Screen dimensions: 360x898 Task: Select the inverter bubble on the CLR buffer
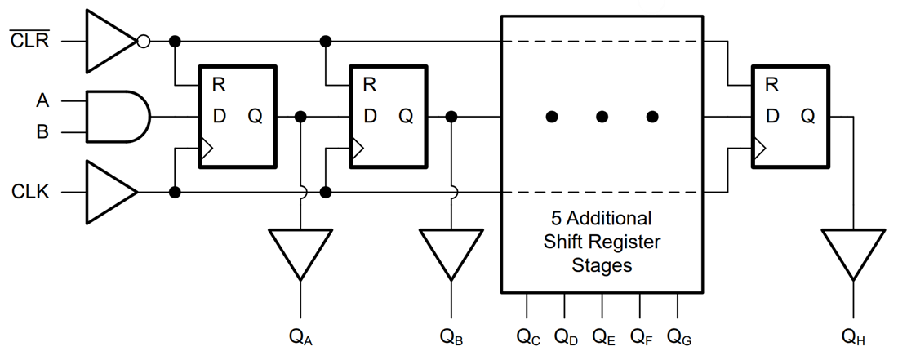pos(144,41)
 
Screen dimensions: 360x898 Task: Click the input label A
pos(42,101)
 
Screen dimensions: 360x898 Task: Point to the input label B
pos(42,131)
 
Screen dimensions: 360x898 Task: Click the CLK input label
pos(31,193)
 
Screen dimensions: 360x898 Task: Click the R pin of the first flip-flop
pos(219,84)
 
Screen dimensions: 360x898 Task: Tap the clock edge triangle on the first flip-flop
pos(207,149)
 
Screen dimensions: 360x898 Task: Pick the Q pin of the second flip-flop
pos(406,117)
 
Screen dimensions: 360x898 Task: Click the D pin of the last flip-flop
pos(771,117)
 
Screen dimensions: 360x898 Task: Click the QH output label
pos(854,336)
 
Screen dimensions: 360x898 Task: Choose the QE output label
pos(602,336)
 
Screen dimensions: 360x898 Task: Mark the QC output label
pos(527,336)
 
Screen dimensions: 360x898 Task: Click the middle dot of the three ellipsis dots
pos(602,117)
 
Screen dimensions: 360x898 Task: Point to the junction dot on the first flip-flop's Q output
pos(301,117)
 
